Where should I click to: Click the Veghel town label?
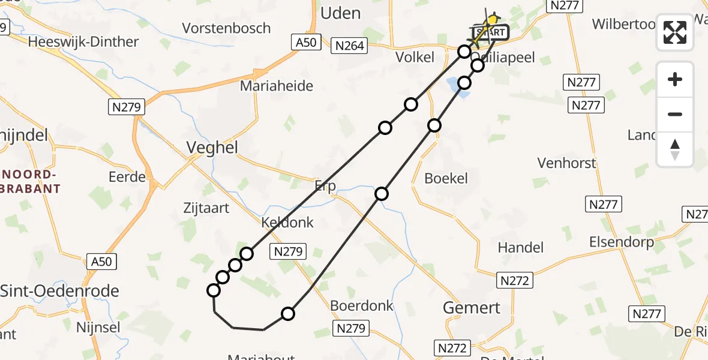click(212, 148)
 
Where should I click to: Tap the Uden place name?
click(341, 13)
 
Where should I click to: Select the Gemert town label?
click(471, 308)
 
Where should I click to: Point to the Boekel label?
click(446, 178)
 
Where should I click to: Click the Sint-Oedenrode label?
click(59, 291)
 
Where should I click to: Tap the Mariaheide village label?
click(277, 86)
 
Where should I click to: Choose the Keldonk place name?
click(287, 223)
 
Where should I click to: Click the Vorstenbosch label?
click(226, 28)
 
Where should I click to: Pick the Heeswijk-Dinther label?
click(83, 42)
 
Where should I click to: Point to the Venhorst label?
click(567, 163)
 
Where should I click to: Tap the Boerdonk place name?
click(362, 306)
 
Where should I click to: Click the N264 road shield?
click(350, 45)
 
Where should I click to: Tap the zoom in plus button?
click(675, 79)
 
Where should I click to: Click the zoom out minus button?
click(675, 114)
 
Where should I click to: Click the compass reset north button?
click(675, 149)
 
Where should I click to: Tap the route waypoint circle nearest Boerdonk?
click(288, 314)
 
